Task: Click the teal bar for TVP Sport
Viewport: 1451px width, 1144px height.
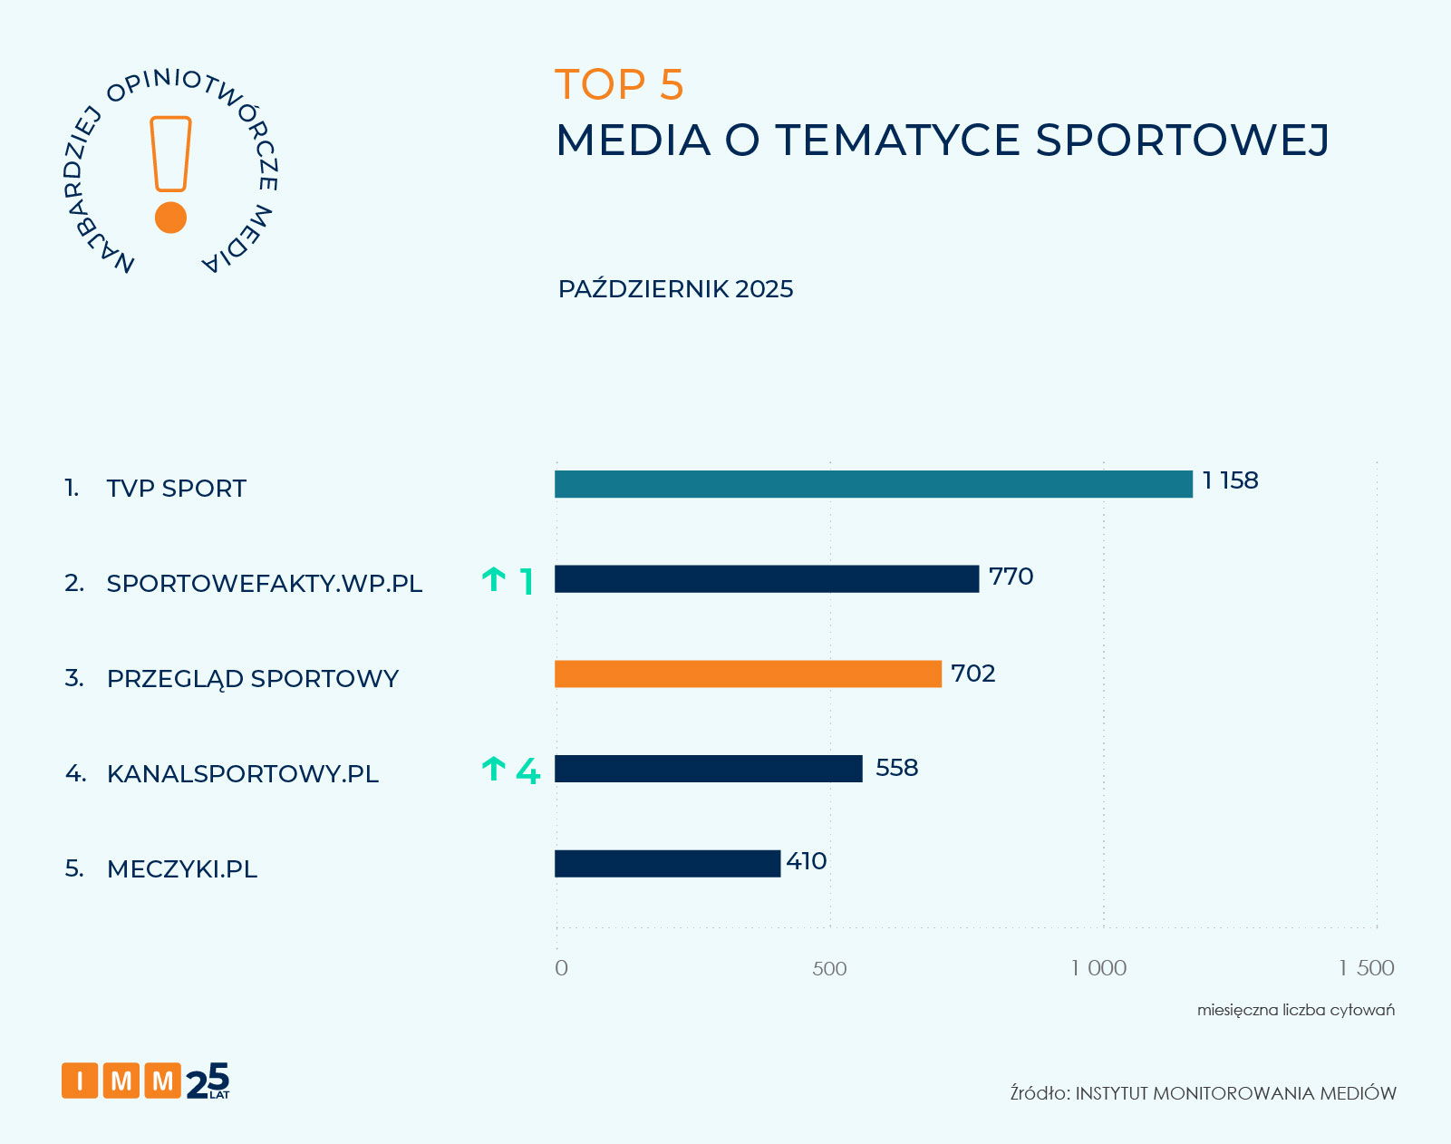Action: click(873, 484)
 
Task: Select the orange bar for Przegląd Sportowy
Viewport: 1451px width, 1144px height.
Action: click(748, 674)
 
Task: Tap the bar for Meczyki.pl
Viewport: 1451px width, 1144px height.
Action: click(667, 863)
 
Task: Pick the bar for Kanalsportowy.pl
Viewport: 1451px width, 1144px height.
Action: click(708, 769)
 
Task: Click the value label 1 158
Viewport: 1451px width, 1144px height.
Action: click(1230, 480)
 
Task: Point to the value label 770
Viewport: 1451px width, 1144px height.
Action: click(1011, 577)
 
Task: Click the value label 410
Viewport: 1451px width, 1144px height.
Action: click(806, 861)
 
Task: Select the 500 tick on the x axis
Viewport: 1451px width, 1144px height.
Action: click(828, 968)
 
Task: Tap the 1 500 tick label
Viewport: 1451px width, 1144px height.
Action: click(1366, 968)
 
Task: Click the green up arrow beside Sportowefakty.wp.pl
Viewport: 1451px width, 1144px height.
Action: click(494, 579)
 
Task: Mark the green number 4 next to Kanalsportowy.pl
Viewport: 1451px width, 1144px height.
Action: click(527, 771)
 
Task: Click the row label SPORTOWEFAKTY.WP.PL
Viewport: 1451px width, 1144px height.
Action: click(265, 584)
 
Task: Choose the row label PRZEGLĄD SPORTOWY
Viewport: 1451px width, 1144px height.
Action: click(252, 679)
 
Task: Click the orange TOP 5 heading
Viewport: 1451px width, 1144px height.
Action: click(619, 85)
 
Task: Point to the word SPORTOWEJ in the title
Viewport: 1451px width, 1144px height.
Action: click(1182, 141)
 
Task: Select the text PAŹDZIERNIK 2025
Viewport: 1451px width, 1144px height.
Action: click(675, 289)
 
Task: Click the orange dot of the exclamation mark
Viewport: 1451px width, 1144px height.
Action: click(170, 218)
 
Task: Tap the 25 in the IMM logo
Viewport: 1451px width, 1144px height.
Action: click(208, 1081)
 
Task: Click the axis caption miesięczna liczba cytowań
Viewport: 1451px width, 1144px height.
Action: click(1295, 1010)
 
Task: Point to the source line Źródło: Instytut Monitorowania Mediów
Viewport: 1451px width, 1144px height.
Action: click(1203, 1093)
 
